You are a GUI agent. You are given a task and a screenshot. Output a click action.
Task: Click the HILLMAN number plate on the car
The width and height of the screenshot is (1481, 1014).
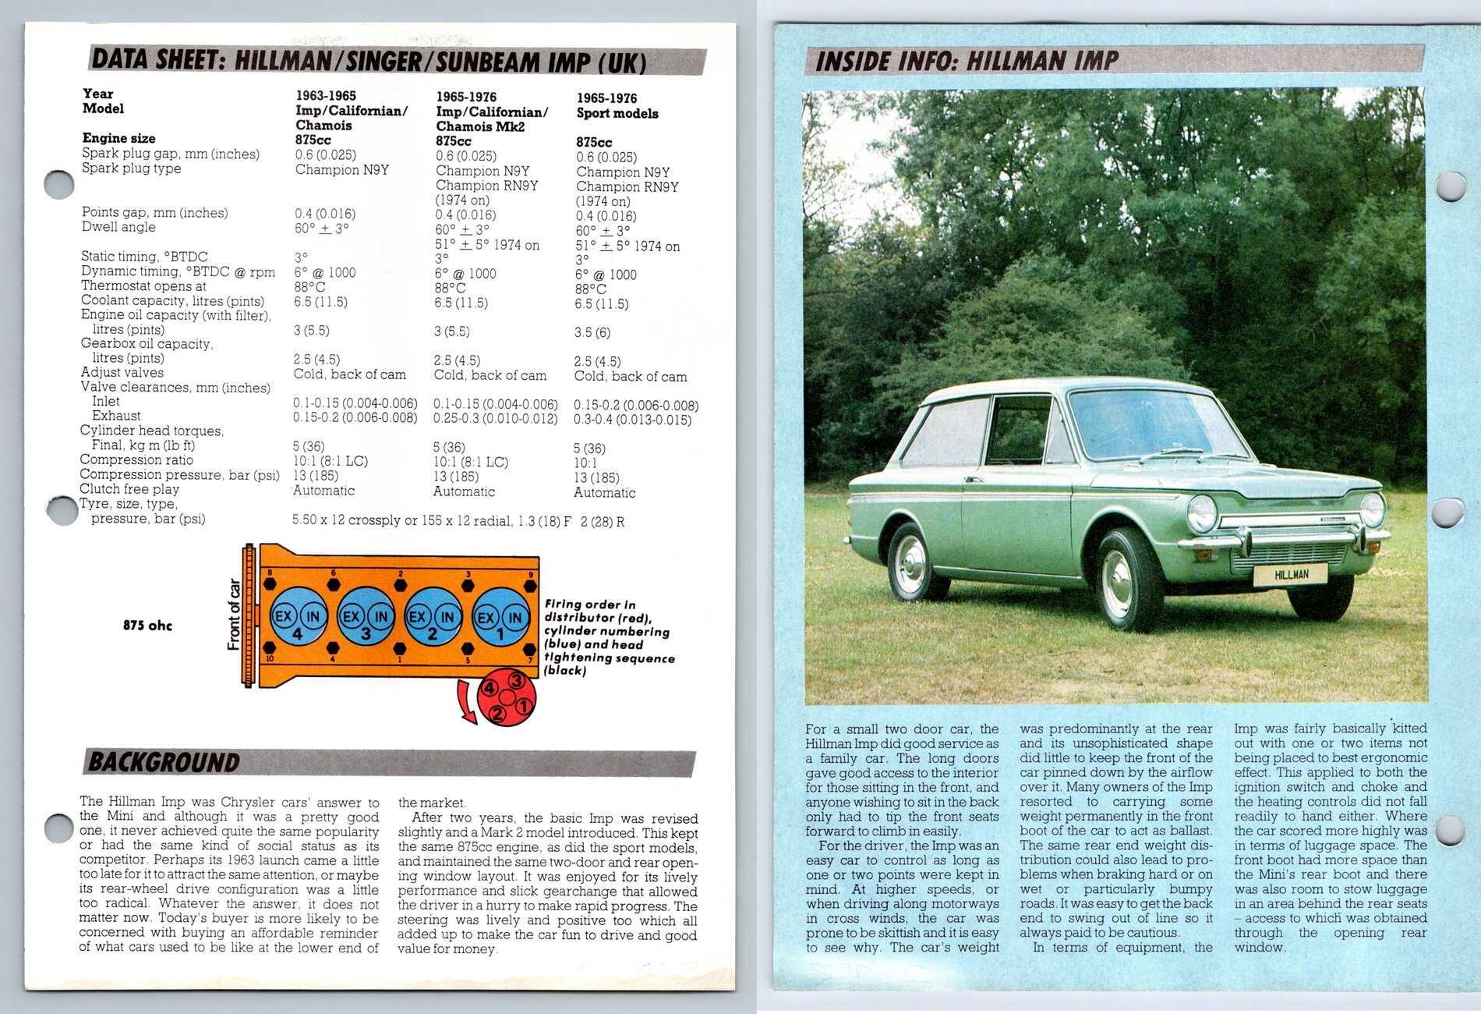point(1291,575)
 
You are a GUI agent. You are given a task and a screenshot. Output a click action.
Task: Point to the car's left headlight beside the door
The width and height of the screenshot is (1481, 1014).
point(1201,513)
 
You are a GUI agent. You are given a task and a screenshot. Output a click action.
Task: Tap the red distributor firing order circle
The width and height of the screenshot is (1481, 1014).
point(507,696)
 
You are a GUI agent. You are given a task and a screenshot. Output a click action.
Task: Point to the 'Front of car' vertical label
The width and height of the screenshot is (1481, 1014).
point(234,615)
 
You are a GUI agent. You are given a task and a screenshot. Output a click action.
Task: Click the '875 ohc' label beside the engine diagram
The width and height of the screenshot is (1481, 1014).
point(147,626)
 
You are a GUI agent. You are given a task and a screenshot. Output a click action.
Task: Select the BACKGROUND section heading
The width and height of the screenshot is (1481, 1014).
point(164,762)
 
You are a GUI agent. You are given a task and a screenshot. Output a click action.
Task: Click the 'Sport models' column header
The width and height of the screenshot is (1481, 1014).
point(617,114)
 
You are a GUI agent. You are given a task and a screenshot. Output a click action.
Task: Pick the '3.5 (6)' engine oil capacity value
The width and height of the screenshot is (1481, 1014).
point(592,332)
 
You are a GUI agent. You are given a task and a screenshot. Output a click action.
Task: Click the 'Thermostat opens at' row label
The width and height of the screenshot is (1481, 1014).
point(143,286)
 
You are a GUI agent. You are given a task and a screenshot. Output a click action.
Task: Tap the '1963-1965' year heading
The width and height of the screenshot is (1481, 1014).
point(326,96)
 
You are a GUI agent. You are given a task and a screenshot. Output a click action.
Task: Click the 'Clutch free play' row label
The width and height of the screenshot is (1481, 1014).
point(129,489)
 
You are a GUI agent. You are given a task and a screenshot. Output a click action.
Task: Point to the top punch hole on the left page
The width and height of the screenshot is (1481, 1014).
point(60,185)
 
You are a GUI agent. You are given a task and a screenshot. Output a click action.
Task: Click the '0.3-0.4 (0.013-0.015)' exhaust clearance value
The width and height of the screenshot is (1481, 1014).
point(632,420)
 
